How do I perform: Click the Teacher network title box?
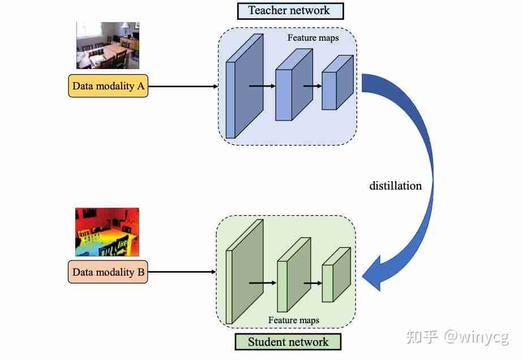tap(290, 11)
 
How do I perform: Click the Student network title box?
tap(288, 342)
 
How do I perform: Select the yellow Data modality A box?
tap(108, 87)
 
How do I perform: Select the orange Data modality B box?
tap(108, 272)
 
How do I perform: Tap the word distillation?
tap(395, 186)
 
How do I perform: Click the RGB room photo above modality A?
tap(108, 45)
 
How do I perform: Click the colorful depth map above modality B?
tap(107, 232)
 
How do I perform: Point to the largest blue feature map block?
tap(244, 88)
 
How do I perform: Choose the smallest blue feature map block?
tap(336, 84)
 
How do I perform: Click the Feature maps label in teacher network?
tap(313, 38)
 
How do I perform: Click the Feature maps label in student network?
tap(293, 320)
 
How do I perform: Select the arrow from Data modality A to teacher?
tap(183, 87)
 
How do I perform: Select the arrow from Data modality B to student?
tap(182, 272)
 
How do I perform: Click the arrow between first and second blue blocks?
tap(262, 86)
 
